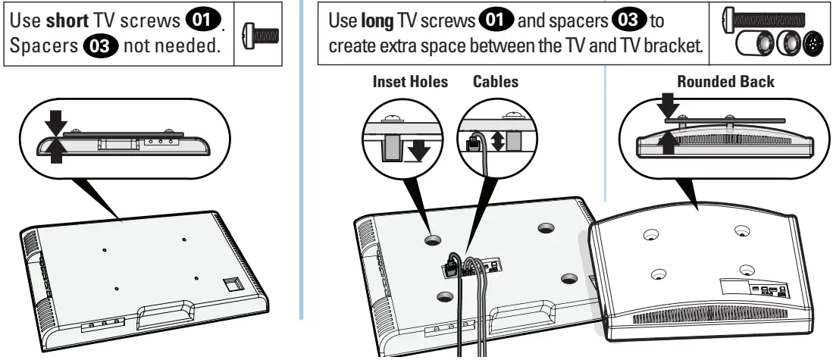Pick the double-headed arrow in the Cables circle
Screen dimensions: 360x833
pyautogui.click(x=496, y=140)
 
